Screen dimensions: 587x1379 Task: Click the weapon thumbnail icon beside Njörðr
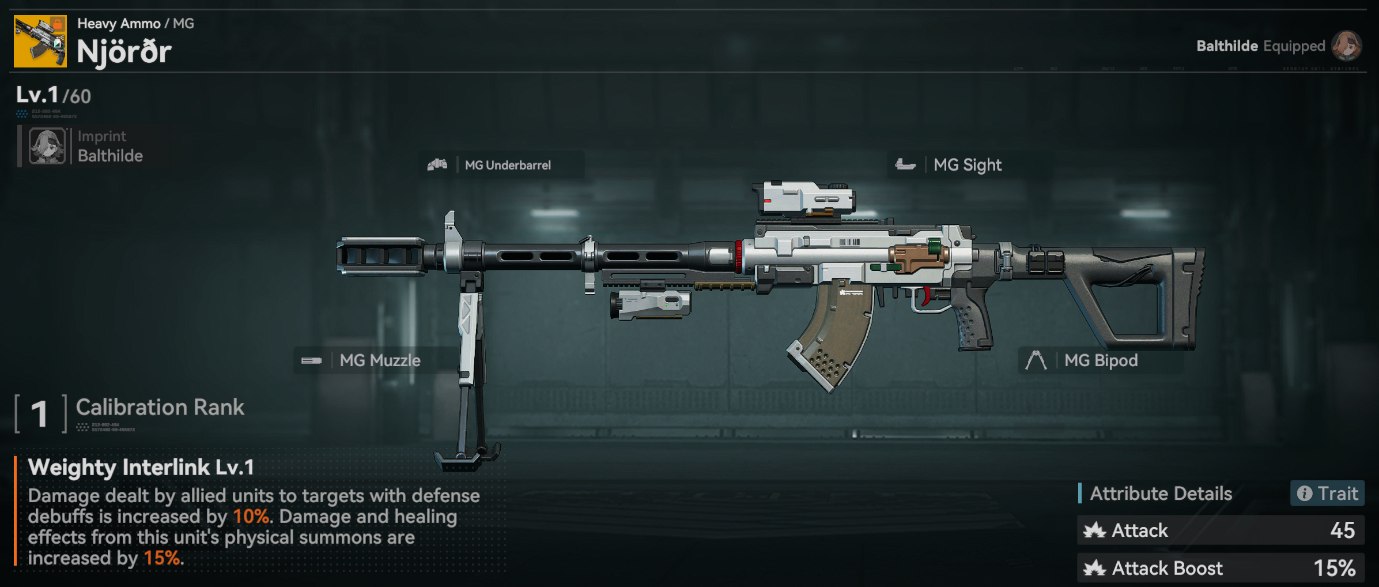[x=40, y=42]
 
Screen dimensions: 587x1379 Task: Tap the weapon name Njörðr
[x=124, y=52]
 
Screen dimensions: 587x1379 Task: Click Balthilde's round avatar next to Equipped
[x=1346, y=46]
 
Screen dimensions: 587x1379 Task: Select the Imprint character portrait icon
[x=47, y=146]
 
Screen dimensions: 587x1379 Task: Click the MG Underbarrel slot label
[x=507, y=165]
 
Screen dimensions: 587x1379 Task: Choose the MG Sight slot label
[x=967, y=165]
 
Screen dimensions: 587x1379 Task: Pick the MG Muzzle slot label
[x=380, y=360]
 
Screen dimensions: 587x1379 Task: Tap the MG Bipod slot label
[x=1101, y=360]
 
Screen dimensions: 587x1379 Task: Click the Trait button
[x=1327, y=494]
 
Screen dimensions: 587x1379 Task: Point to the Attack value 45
[x=1342, y=530]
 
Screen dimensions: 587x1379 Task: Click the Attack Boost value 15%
[x=1334, y=569]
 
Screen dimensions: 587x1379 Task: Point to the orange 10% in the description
[x=251, y=517]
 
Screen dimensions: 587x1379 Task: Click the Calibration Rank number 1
[x=39, y=413]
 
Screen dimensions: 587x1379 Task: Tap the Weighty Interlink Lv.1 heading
[x=141, y=468]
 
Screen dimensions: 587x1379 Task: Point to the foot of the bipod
[x=467, y=458]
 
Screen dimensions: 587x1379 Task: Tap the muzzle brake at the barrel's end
[x=380, y=255]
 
